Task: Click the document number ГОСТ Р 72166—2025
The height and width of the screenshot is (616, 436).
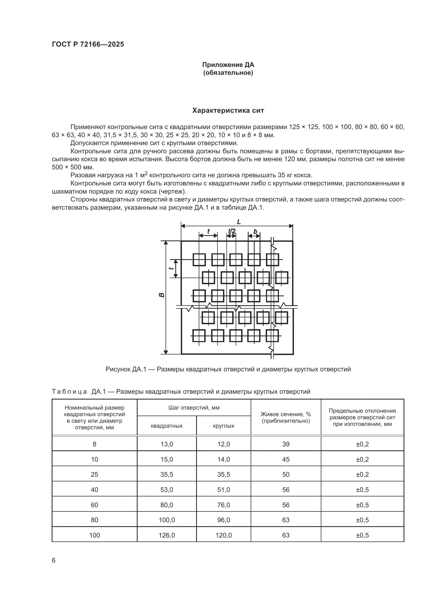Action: pyautogui.click(x=88, y=44)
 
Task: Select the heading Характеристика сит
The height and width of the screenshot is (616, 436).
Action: pyautogui.click(x=228, y=111)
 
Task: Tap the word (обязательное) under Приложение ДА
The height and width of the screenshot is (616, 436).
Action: pyautogui.click(x=228, y=73)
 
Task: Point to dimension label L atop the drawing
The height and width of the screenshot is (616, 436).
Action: pyautogui.click(x=239, y=222)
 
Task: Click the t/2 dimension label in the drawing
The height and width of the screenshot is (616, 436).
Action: pyautogui.click(x=232, y=231)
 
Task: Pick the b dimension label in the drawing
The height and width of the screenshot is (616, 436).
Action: pyautogui.click(x=255, y=231)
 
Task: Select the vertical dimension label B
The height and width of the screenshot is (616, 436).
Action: pyautogui.click(x=162, y=295)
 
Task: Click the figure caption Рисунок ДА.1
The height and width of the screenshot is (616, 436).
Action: pyautogui.click(x=228, y=369)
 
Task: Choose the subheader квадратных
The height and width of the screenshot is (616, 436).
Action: pyautogui.click(x=167, y=426)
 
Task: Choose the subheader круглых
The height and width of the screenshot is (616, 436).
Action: pyautogui.click(x=224, y=426)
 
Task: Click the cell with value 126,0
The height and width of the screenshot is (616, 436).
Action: pyautogui.click(x=167, y=535)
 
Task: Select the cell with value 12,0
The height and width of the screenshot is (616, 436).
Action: pyautogui.click(x=224, y=444)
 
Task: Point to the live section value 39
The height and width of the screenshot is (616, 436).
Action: pyautogui.click(x=286, y=444)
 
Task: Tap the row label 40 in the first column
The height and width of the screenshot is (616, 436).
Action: pyautogui.click(x=95, y=490)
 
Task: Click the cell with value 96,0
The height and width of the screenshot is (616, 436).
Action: pyautogui.click(x=224, y=520)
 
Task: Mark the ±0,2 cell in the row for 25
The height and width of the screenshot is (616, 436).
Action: pyautogui.click(x=362, y=474)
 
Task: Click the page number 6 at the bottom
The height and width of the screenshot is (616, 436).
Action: pyautogui.click(x=54, y=560)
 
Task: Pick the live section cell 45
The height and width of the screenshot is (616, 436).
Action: pyautogui.click(x=286, y=459)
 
